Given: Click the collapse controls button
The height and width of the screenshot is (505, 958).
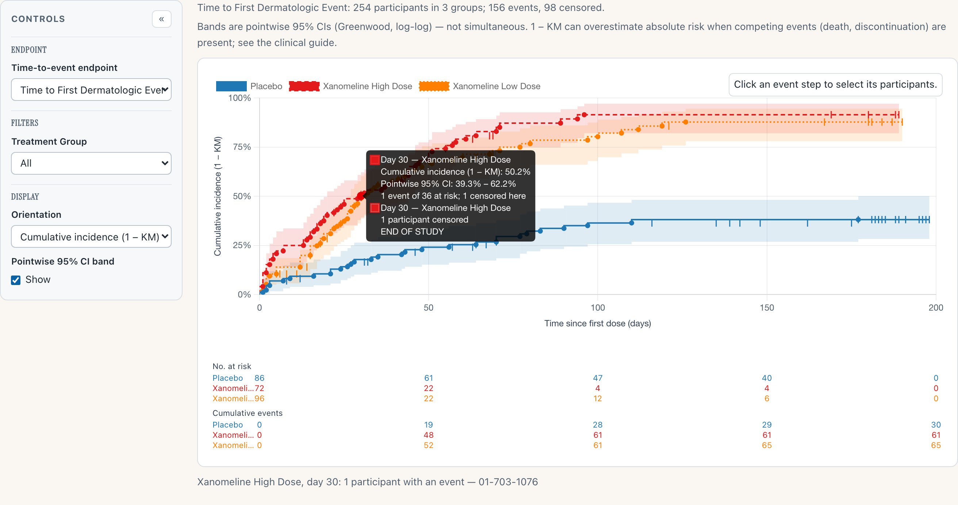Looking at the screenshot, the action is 161,19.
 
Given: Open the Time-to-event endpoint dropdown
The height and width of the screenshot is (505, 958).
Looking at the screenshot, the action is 91,90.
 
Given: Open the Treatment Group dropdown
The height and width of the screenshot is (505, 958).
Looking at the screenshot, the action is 91,163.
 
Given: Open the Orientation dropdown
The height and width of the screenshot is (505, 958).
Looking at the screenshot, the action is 91,237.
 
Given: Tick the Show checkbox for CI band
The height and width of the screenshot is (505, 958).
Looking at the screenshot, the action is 16,280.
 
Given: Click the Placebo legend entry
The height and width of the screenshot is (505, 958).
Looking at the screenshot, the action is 249,86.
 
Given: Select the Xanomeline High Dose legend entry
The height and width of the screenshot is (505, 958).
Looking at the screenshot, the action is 350,86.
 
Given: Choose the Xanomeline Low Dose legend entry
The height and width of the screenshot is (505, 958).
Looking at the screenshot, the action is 479,86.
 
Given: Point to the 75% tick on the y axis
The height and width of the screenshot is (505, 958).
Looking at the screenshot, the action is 242,147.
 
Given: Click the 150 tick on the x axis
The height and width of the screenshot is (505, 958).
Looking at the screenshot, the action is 767,308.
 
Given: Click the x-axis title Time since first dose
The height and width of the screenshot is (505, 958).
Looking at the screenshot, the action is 598,323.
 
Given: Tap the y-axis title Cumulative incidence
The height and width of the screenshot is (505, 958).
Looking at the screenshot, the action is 218,197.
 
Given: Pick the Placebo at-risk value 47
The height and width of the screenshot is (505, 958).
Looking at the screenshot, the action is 598,378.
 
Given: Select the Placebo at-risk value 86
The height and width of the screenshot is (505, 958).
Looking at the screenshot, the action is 259,378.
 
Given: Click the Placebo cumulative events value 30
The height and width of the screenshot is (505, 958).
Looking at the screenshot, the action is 936,425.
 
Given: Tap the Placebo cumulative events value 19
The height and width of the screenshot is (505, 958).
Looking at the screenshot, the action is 428,425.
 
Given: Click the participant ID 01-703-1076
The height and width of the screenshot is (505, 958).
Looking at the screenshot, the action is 508,482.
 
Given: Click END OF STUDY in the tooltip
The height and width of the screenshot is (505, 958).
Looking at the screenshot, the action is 412,231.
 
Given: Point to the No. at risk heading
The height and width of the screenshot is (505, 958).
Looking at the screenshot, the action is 232,367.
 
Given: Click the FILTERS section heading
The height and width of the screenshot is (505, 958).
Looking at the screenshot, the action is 24,123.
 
